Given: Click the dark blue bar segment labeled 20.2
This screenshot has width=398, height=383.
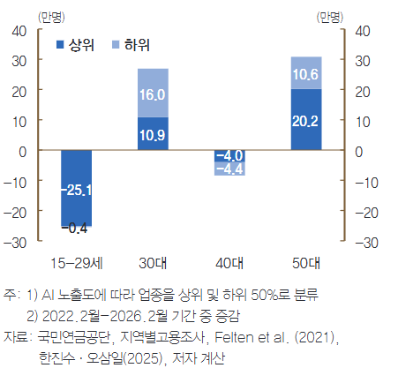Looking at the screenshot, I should coord(305,120).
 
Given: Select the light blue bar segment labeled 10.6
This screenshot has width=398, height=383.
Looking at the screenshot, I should coord(305,73).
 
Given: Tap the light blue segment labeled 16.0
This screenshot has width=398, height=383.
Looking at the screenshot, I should coord(153,93).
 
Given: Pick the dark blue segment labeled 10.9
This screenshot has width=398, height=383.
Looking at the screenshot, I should coord(153,134).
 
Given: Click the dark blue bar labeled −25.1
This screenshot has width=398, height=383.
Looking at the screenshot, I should coord(76,187).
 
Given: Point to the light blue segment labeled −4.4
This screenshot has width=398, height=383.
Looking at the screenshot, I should coord(229,169).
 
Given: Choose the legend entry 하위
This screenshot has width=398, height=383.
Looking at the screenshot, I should coord(129,44).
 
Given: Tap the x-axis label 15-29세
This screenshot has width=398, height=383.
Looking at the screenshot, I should coord(76,262).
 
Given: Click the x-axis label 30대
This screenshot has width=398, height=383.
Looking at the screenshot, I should coord(153,262).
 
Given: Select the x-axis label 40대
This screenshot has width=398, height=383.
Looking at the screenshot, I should coord(229,262).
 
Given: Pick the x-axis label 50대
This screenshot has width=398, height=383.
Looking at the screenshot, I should coord(305,262).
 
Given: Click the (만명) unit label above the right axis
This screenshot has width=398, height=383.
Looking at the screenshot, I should coord(332,14).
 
